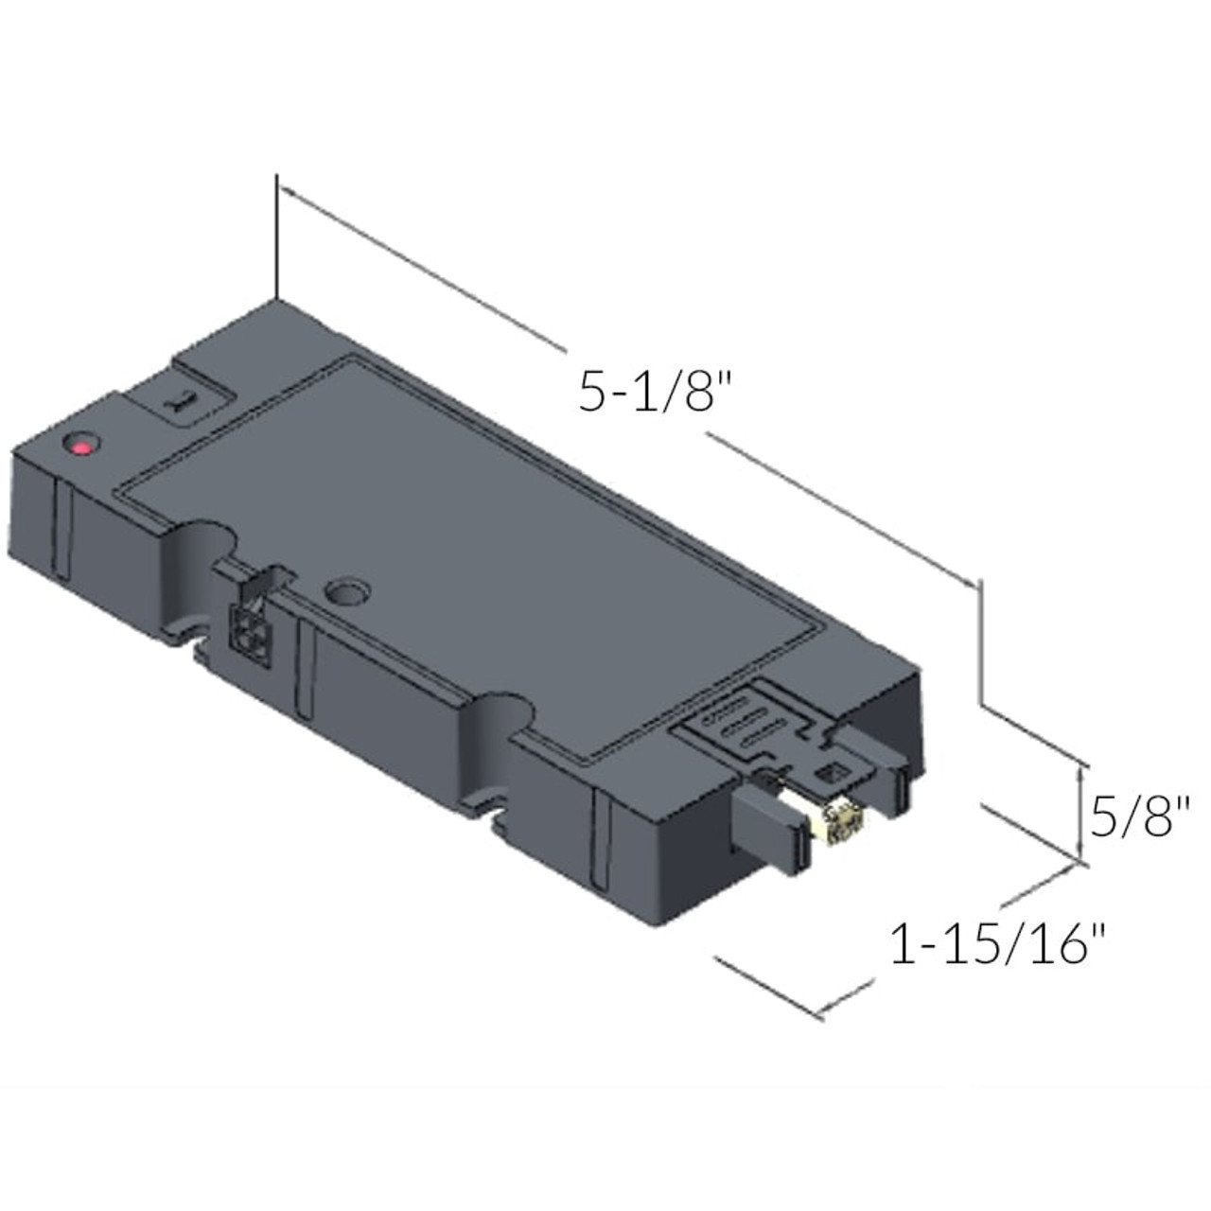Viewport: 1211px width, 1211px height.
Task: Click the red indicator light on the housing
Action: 84,445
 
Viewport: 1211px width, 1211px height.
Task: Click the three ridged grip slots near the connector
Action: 747,728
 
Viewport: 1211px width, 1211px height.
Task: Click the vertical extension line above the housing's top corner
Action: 276,237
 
